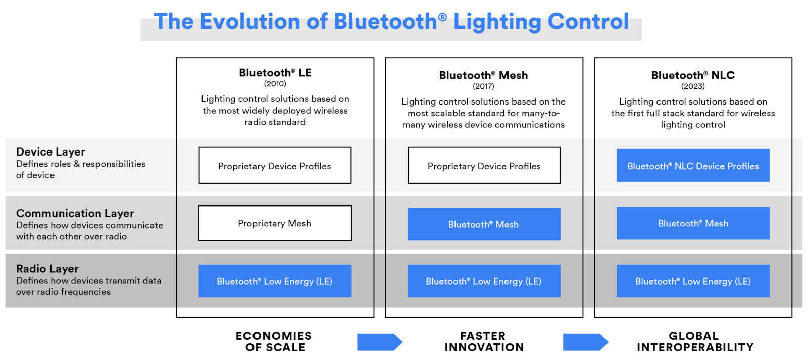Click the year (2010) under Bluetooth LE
pos(275,84)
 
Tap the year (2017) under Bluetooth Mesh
pos(483,86)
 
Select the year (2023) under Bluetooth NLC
pos(693,86)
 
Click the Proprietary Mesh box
pos(275,223)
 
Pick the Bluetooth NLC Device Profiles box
pos(693,166)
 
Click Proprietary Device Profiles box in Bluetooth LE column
pos(275,166)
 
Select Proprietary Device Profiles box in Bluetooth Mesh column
pos(484,166)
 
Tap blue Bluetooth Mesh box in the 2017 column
pos(484,224)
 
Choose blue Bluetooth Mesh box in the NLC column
pos(693,223)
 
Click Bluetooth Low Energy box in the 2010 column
pos(275,281)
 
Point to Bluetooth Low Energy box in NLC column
pos(693,281)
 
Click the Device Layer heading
pos(50,152)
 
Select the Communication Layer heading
pos(75,213)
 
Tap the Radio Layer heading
pos(47,269)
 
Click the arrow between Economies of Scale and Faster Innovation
pos(379,342)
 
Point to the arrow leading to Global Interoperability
pos(585,342)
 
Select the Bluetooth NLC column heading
pos(693,75)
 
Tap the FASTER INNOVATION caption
pos(484,342)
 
